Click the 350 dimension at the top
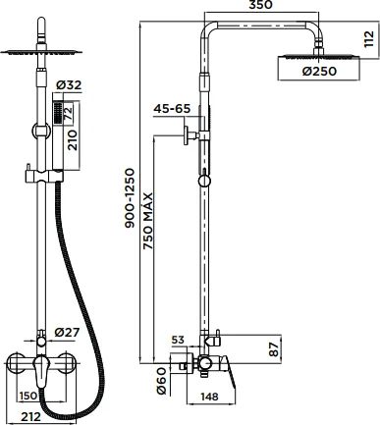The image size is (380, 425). click(x=260, y=5)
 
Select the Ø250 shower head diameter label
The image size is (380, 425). click(x=319, y=71)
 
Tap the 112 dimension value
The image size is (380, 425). click(x=369, y=39)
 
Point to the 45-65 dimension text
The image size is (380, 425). click(x=172, y=109)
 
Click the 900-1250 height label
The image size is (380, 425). click(x=130, y=198)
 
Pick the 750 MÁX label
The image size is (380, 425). click(x=148, y=221)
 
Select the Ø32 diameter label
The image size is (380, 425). click(x=69, y=85)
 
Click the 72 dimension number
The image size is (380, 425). click(x=69, y=113)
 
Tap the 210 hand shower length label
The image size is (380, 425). click(x=73, y=140)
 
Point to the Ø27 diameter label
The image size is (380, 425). click(x=67, y=332)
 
